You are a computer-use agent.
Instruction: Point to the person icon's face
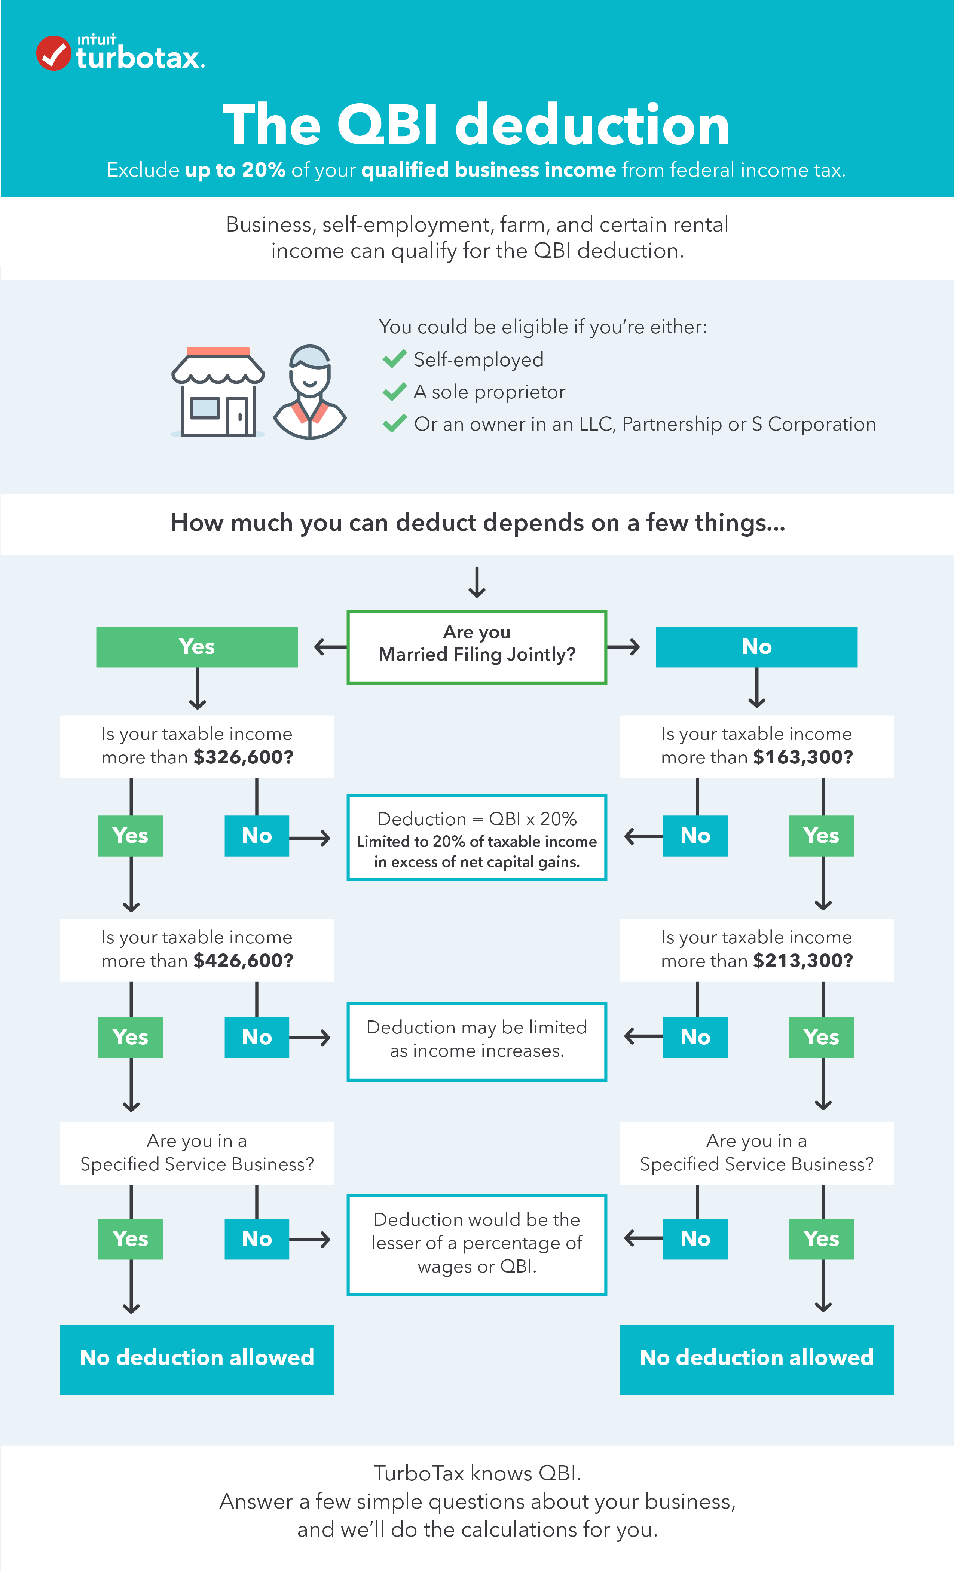(310, 375)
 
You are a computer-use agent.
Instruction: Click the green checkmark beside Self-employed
(395, 359)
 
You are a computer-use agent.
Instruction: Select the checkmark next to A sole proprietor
(395, 392)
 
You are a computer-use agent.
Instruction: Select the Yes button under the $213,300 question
(821, 1037)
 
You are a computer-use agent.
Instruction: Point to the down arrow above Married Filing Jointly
(477, 582)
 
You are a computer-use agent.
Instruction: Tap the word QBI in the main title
(388, 125)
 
